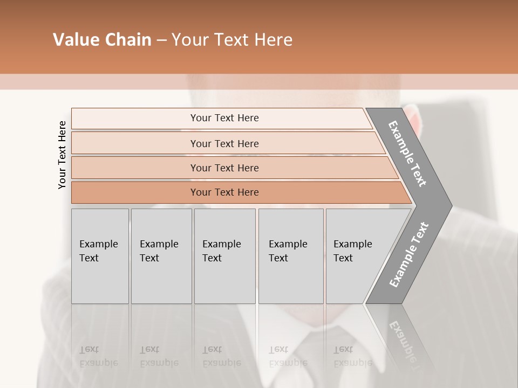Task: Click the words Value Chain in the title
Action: (102, 40)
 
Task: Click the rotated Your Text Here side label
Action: (62, 155)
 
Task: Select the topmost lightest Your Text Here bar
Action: (224, 118)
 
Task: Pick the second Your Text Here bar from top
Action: (224, 143)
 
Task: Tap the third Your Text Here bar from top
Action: (224, 168)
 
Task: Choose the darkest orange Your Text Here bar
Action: (224, 192)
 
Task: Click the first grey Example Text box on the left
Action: (100, 256)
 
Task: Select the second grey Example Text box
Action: (161, 256)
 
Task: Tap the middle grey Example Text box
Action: (224, 256)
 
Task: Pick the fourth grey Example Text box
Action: (291, 256)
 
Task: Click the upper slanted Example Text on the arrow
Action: (407, 154)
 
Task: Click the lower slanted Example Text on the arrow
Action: (408, 254)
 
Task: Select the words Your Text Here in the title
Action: (232, 40)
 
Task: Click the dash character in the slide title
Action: (161, 40)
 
